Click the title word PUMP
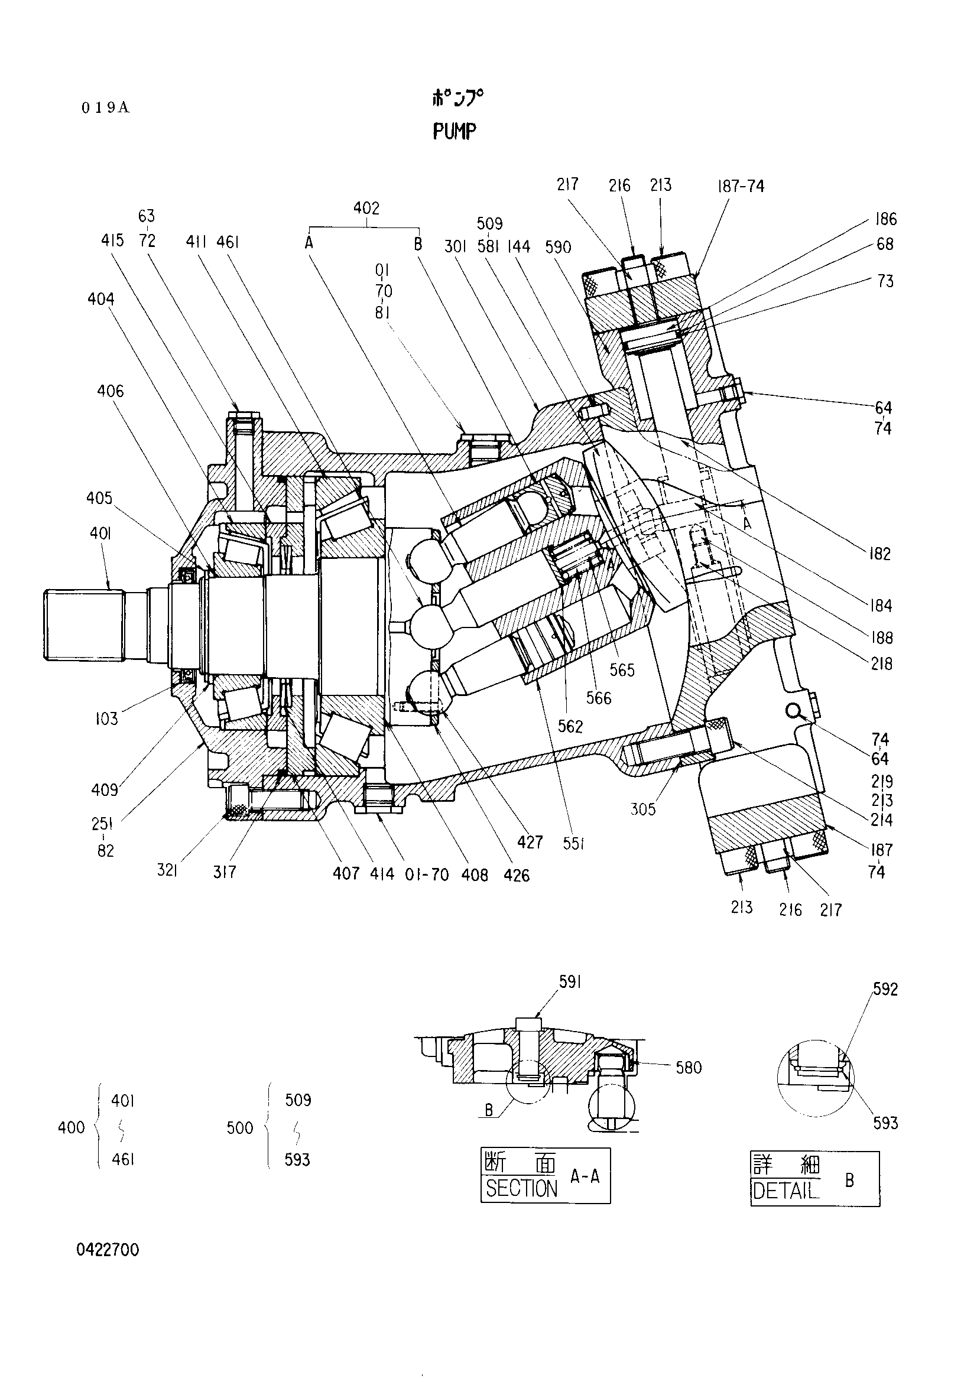point(455,131)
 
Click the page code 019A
point(105,108)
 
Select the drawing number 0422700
point(108,1250)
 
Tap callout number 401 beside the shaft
point(100,534)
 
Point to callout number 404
point(100,299)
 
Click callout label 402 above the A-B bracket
point(366,208)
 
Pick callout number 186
point(886,219)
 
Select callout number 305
point(642,809)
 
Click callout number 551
point(573,844)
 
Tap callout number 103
point(106,718)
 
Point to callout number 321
point(167,871)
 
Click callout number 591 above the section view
point(569,983)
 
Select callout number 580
point(689,1068)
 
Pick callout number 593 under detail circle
point(885,1123)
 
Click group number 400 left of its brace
point(71,1127)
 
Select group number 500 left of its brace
point(240,1127)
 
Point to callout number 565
point(622,670)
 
